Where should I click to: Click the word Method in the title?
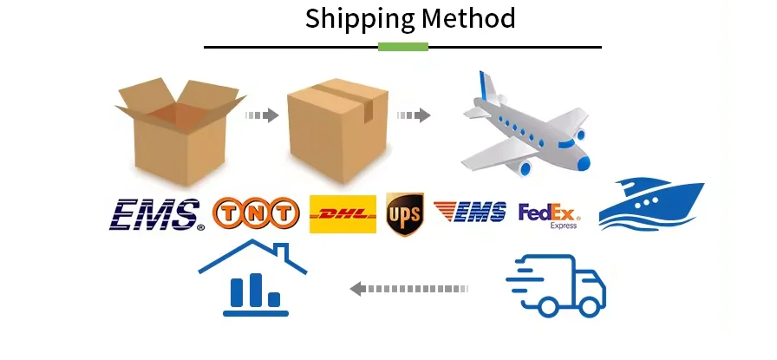click(x=469, y=18)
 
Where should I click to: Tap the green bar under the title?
click(x=403, y=46)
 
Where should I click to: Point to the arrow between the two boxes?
click(x=261, y=115)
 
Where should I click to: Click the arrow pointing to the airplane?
click(x=414, y=115)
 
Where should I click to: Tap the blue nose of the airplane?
click(x=583, y=161)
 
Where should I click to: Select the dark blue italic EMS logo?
click(x=156, y=214)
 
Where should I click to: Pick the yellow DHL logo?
click(x=343, y=214)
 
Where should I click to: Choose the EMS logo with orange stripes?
click(x=470, y=212)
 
